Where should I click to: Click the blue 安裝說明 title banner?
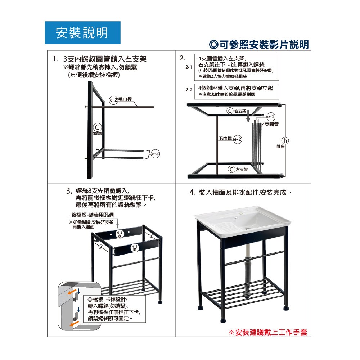tap(83, 33)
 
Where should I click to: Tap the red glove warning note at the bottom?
tap(268, 332)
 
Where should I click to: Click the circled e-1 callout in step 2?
tap(271, 117)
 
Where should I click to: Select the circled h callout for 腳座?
tap(285, 140)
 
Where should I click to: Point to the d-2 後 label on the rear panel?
tap(120, 234)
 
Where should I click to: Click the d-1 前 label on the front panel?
tap(135, 248)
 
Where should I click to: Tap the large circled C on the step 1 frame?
tap(97, 127)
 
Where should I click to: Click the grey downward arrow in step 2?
tap(248, 116)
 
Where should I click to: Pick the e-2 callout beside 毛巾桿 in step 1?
tap(113, 100)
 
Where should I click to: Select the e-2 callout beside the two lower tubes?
tap(156, 154)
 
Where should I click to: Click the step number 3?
tap(69, 191)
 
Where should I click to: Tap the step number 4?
tap(192, 192)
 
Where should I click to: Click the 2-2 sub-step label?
tap(189, 90)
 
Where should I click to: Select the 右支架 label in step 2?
tap(240, 111)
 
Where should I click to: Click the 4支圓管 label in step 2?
tap(270, 124)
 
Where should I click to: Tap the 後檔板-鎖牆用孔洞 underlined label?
tap(93, 215)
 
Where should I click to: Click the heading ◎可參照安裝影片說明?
tap(259, 45)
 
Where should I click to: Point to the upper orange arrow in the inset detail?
tap(72, 292)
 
